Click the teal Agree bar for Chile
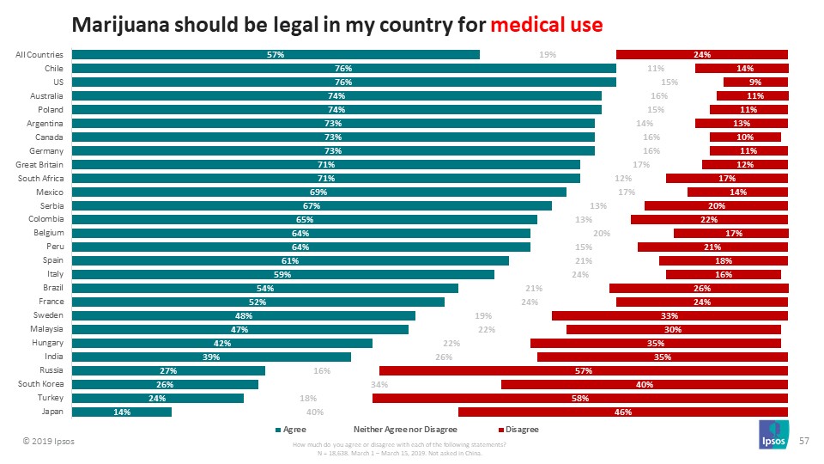pyautogui.click(x=343, y=69)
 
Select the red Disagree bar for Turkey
pyautogui.click(x=579, y=399)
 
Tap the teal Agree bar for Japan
pyautogui.click(x=121, y=412)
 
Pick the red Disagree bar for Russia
pyautogui.click(x=583, y=371)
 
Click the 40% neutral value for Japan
pyautogui.click(x=315, y=412)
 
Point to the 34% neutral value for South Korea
pyautogui.click(x=379, y=385)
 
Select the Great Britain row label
pyautogui.click(x=40, y=165)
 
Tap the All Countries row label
pyautogui.click(x=39, y=55)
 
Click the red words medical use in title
pyautogui.click(x=546, y=23)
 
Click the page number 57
pyautogui.click(x=804, y=440)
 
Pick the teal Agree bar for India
pyautogui.click(x=211, y=357)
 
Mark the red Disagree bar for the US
pyautogui.click(x=755, y=82)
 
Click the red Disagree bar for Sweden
pyautogui.click(x=669, y=316)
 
